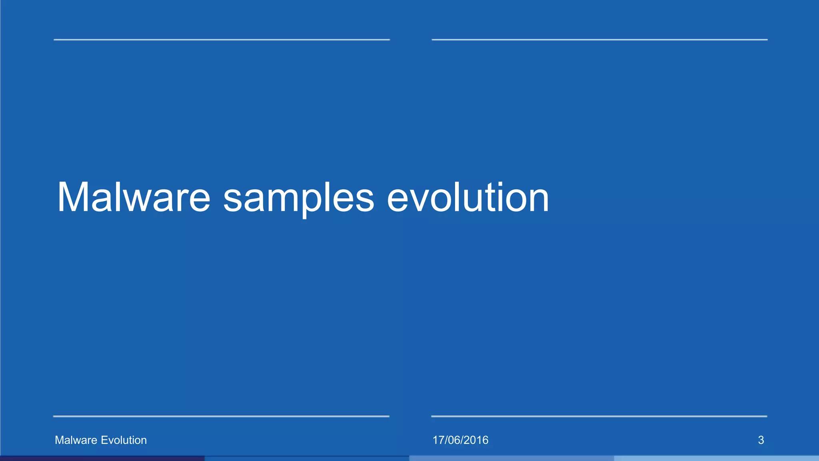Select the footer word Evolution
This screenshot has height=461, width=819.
click(x=124, y=440)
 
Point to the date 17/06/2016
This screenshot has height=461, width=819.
click(x=460, y=440)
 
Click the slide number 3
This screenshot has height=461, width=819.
click(x=761, y=440)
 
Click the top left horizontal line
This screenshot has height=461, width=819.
click(x=222, y=40)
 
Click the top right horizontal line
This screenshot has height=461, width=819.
click(x=599, y=40)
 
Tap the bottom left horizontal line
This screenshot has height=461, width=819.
click(x=221, y=417)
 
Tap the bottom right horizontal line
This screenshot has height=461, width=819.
click(x=599, y=417)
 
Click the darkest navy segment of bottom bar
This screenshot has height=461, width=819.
click(x=102, y=458)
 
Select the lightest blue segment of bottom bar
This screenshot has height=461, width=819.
click(x=716, y=458)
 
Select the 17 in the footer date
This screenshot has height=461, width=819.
click(x=438, y=440)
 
